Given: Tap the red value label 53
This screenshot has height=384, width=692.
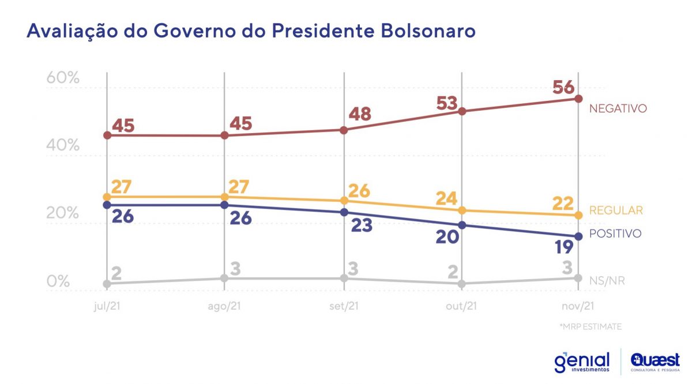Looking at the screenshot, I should click(x=447, y=104).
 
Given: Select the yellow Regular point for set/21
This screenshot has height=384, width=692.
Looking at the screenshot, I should click(x=344, y=201).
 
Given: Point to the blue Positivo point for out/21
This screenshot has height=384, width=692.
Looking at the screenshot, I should click(x=462, y=225).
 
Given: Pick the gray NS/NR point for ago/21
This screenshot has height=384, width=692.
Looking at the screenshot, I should click(x=224, y=278).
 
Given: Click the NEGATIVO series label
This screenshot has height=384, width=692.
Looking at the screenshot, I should click(x=618, y=108).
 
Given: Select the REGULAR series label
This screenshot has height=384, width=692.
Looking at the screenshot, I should click(x=616, y=210).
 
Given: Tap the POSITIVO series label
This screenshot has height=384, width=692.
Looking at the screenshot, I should click(x=615, y=234).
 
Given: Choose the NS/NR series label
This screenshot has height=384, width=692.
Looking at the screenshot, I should click(x=607, y=281).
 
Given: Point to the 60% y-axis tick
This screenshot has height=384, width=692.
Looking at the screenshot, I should click(x=62, y=78).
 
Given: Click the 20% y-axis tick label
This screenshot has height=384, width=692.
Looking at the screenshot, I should click(x=62, y=213).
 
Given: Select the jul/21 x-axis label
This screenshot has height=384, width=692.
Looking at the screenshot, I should click(x=107, y=306).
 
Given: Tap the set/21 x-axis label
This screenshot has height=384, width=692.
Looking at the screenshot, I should click(x=344, y=306).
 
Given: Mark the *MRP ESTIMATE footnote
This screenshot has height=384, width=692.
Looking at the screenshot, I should click(x=590, y=327).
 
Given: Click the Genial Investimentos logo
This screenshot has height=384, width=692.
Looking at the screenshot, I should click(x=581, y=362).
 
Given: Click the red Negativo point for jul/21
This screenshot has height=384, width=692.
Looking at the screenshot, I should click(x=107, y=135).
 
